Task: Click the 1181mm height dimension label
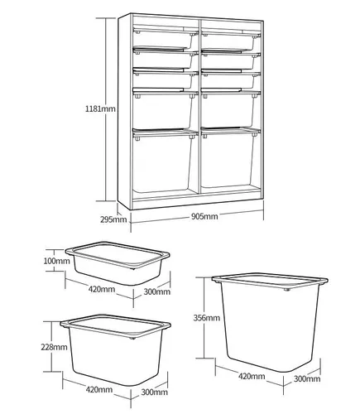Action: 100,108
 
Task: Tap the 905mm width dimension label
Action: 204,216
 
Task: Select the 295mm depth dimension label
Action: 113,219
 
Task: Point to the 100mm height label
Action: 56,261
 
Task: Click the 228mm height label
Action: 54,347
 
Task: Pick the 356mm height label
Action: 207,318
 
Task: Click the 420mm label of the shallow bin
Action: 102,289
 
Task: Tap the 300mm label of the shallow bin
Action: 156,291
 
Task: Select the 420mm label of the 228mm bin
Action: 99,390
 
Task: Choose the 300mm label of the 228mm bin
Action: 155,392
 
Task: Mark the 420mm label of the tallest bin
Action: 252,376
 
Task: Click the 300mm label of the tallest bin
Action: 307,378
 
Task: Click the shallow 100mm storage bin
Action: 118,263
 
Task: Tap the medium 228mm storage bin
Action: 115,350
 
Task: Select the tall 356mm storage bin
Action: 270,322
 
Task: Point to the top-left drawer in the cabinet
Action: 166,39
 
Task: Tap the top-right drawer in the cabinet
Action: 231,41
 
